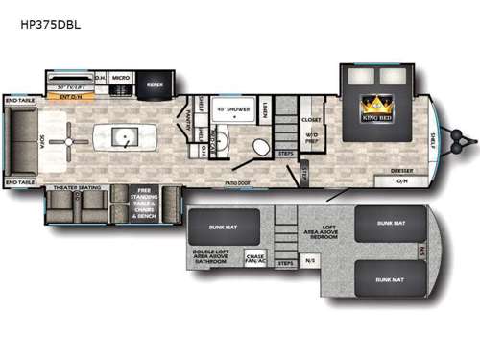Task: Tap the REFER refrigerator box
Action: pyautogui.click(x=155, y=84)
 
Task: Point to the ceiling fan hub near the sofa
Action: pyautogui.click(x=70, y=142)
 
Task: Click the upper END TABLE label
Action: pyautogui.click(x=20, y=100)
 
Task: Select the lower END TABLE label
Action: pyautogui.click(x=20, y=181)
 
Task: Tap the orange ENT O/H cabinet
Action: pyautogui.click(x=69, y=96)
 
